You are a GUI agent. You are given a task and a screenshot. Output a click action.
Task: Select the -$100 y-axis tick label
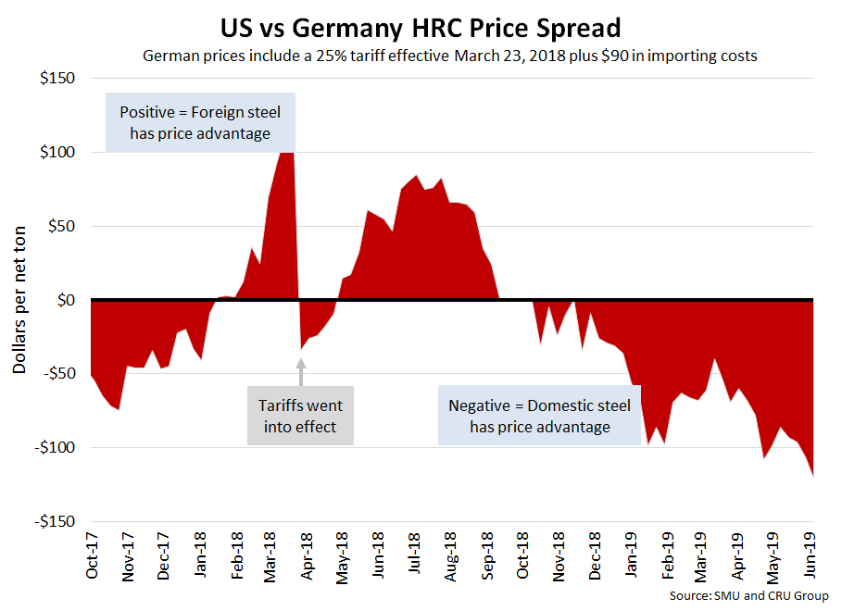[54, 448]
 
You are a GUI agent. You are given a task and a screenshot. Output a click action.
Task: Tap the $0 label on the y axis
[64, 300]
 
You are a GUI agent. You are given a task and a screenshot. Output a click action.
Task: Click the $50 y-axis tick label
[60, 226]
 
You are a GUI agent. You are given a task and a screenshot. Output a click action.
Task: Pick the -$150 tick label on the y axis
[54, 522]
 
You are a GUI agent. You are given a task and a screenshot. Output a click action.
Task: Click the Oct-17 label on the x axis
[93, 558]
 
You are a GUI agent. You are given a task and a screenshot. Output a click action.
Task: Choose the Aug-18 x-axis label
[449, 558]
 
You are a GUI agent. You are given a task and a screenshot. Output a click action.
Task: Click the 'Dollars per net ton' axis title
[19, 300]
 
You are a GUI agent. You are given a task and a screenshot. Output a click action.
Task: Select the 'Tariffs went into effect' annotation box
[300, 417]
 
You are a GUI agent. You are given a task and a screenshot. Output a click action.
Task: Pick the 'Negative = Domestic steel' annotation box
[539, 417]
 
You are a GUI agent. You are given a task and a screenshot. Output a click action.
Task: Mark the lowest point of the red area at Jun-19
[812, 476]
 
